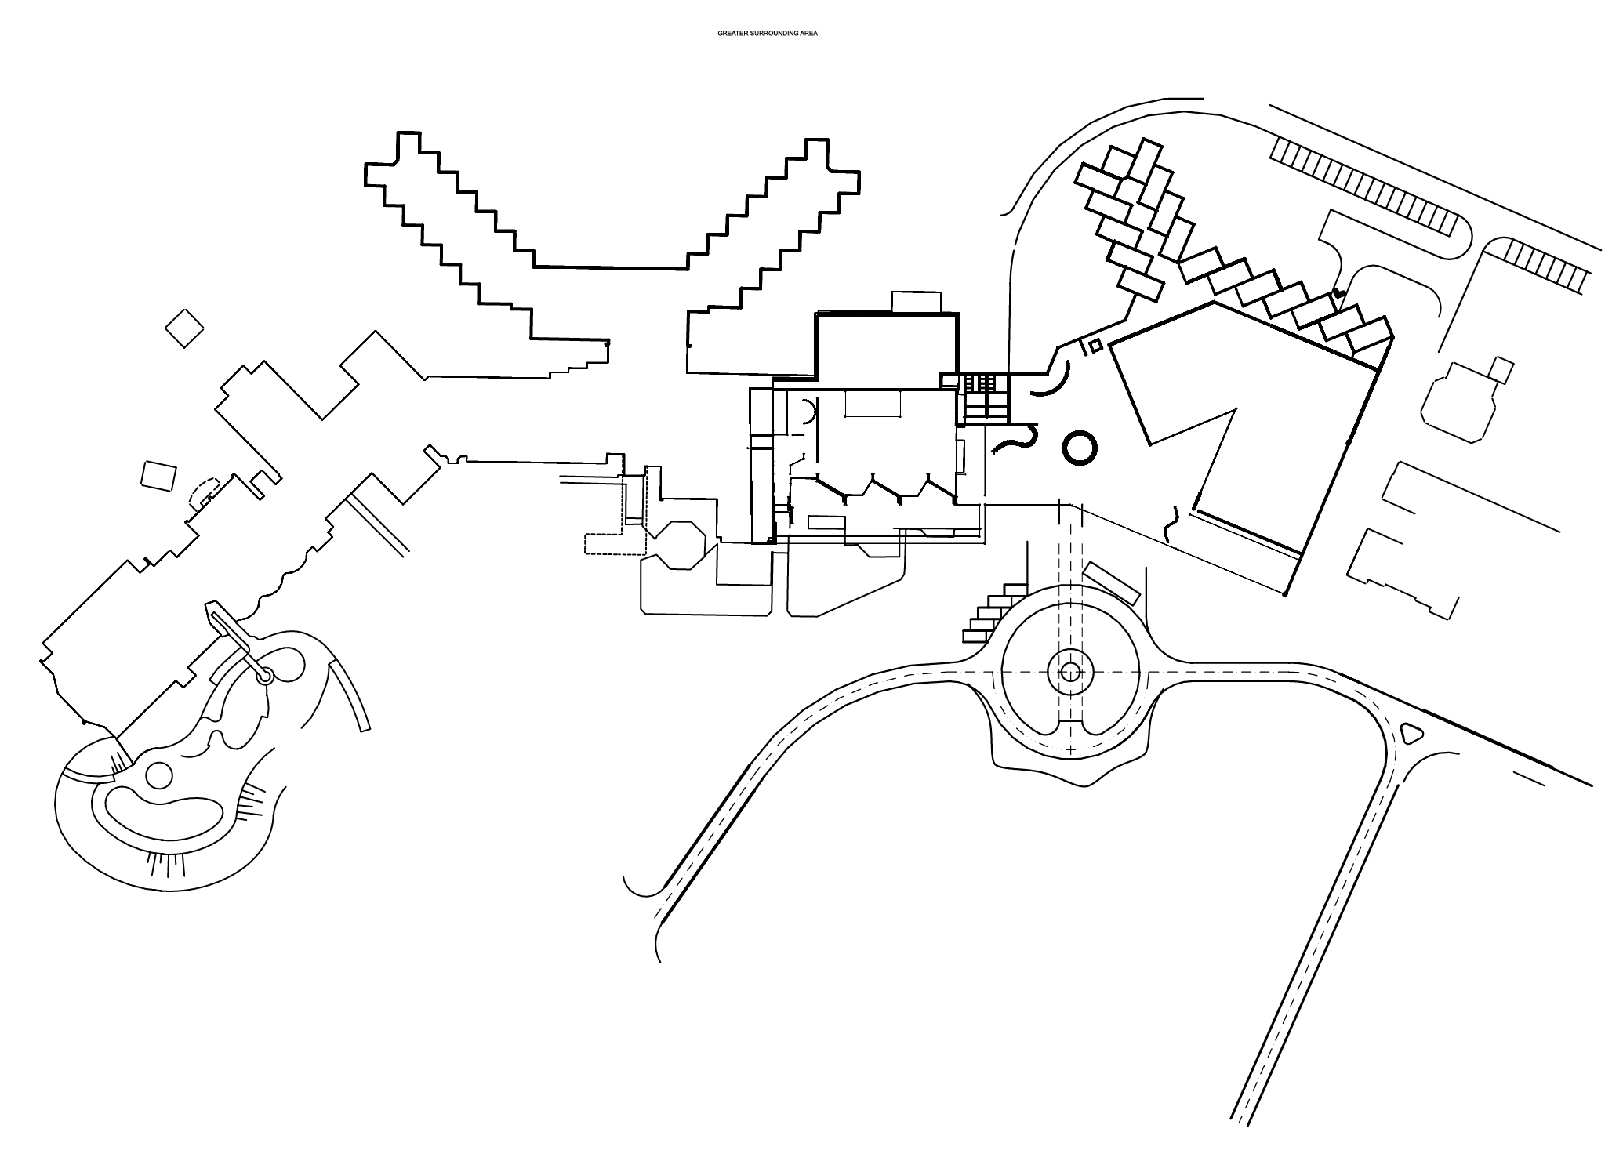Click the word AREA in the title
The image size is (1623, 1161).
[x=808, y=34]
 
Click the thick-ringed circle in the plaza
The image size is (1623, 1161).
[x=1079, y=448]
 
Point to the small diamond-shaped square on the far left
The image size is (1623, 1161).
[x=185, y=328]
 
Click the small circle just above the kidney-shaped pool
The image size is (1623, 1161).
[x=158, y=775]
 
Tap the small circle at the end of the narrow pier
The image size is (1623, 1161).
[x=265, y=674]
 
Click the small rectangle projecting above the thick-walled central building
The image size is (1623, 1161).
[x=916, y=302]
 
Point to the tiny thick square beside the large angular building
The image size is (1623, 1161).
[x=1096, y=345]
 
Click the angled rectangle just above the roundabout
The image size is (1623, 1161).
[x=1112, y=582]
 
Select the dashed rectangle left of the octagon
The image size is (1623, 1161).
[x=604, y=544]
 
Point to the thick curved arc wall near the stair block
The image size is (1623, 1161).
[x=1051, y=382]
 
